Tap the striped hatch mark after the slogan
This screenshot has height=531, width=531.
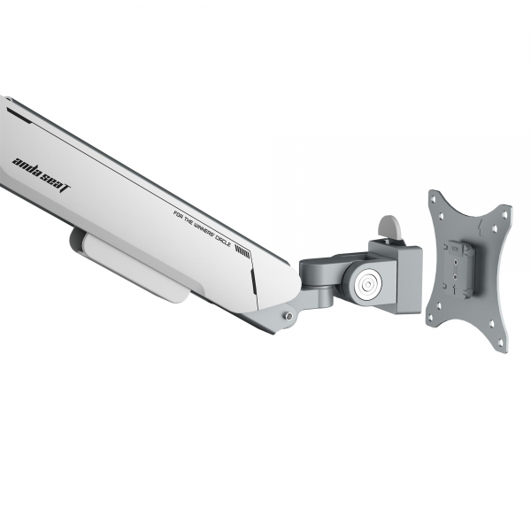pyautogui.click(x=242, y=250)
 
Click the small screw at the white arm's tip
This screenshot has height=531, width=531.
pyautogui.click(x=289, y=315)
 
